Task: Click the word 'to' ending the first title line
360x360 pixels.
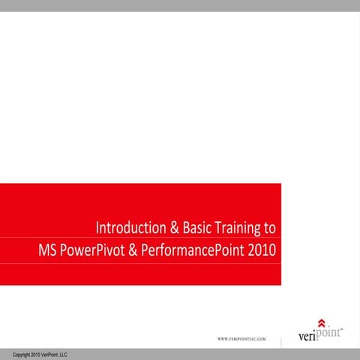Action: [270, 227]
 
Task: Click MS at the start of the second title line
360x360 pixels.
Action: [47, 248]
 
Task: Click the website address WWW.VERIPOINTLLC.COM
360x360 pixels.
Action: [241, 340]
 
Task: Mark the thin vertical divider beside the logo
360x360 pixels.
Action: [281, 341]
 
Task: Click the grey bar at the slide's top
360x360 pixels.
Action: [180, 5]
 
